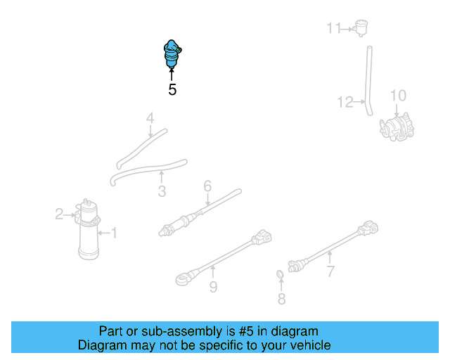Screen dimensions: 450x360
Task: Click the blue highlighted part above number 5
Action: tap(171, 53)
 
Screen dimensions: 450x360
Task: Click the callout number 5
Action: tap(172, 90)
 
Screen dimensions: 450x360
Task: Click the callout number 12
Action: tap(345, 103)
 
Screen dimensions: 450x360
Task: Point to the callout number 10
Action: tap(398, 96)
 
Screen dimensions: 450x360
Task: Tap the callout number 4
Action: tap(150, 119)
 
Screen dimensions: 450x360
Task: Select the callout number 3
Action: tap(162, 191)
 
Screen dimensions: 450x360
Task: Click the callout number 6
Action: tap(207, 186)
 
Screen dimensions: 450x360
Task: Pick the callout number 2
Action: tap(60, 214)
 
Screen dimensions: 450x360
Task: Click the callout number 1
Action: tap(114, 232)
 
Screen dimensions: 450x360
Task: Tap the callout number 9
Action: tap(213, 286)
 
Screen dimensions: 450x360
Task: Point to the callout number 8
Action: tap(281, 300)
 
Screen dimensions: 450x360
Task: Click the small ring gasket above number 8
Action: tap(280, 274)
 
